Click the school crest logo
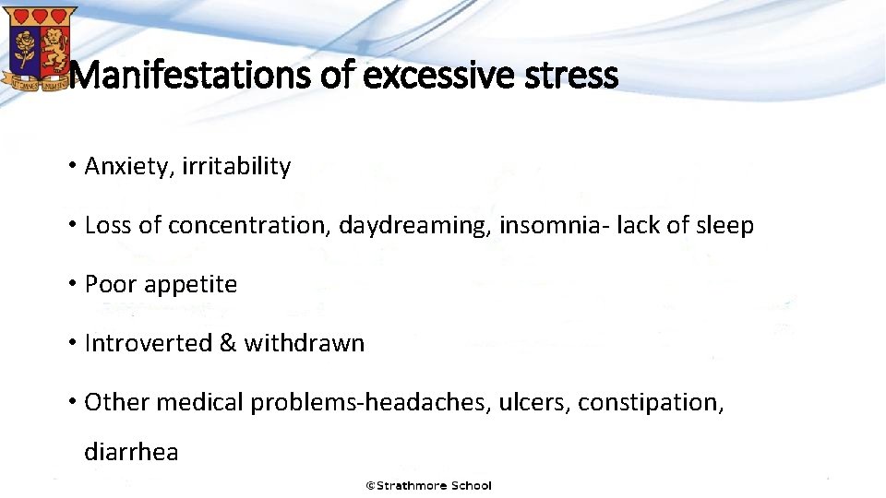(39, 46)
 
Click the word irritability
(236, 167)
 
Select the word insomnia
(545, 226)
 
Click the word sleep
(723, 226)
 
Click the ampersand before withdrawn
(227, 344)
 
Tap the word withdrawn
(305, 344)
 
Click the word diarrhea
(131, 453)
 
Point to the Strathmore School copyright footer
(429, 485)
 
